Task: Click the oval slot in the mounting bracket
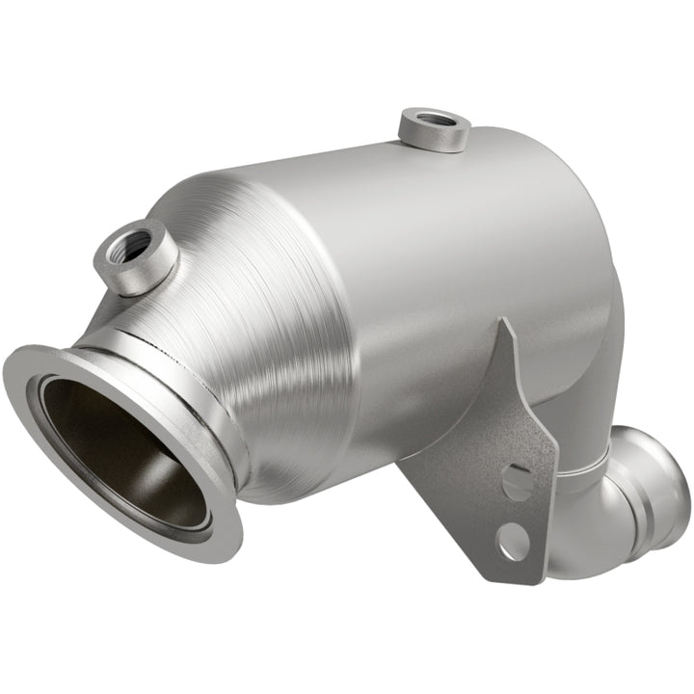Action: [518, 479]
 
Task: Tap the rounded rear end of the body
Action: [598, 270]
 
